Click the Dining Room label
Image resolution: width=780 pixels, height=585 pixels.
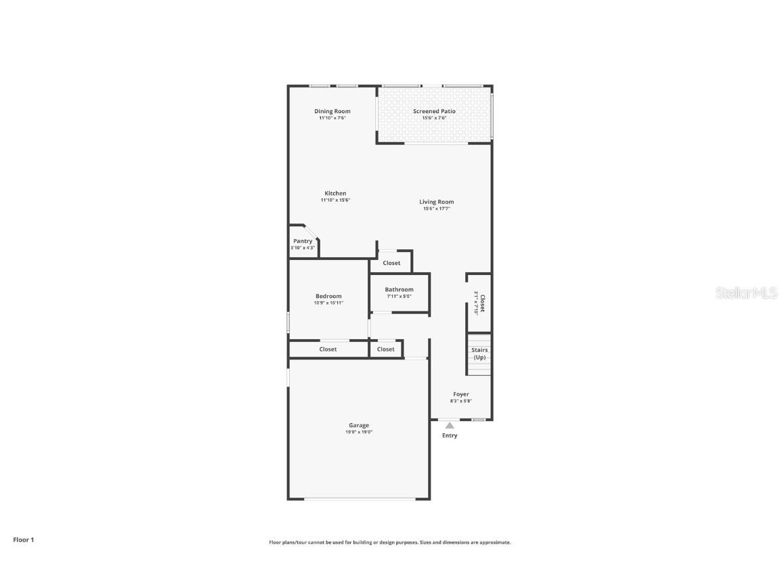(x=332, y=111)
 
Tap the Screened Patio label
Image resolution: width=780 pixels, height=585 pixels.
(x=434, y=111)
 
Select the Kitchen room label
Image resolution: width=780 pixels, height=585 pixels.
(x=335, y=193)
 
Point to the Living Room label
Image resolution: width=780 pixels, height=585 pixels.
(x=436, y=202)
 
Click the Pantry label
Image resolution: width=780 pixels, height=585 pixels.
(x=303, y=241)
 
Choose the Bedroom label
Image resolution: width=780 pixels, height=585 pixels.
(x=328, y=296)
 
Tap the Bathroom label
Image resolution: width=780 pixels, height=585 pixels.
(x=399, y=289)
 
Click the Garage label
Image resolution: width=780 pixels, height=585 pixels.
(x=359, y=425)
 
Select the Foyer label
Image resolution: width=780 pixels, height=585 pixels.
(x=461, y=394)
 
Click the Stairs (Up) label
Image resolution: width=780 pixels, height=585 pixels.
(x=479, y=353)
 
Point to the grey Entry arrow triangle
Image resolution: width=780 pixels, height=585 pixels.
(x=450, y=425)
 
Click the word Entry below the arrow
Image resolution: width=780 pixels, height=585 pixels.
(x=450, y=435)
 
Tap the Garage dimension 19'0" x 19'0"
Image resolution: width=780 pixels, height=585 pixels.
(x=359, y=432)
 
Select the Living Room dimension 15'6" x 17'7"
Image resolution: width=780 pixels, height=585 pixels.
(x=436, y=209)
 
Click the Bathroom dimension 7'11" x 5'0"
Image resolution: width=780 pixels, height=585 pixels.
(x=399, y=296)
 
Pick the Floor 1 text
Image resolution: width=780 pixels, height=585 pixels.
(x=23, y=540)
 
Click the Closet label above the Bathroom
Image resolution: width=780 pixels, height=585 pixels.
(x=391, y=263)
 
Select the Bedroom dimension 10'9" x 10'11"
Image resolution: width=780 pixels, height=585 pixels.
(x=328, y=303)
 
